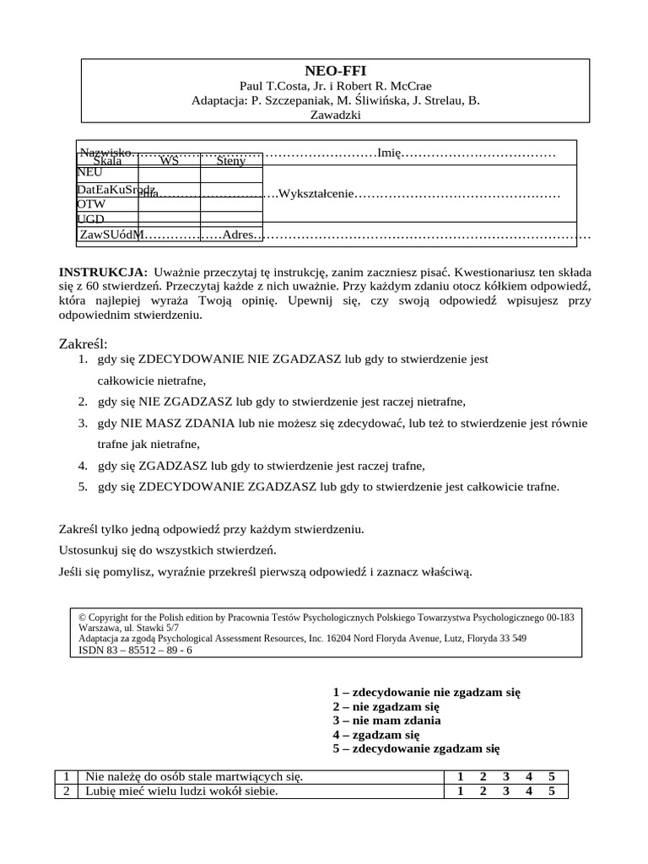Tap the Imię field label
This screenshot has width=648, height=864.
(389, 153)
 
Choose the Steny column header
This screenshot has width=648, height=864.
(230, 160)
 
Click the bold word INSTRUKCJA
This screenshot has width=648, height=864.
(102, 273)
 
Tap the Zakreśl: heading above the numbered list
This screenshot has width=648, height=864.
(84, 343)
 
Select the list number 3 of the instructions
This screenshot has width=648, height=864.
(83, 423)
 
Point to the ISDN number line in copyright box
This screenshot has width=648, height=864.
(135, 651)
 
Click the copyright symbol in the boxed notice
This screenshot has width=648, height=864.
(82, 618)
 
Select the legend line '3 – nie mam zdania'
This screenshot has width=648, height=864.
(386, 721)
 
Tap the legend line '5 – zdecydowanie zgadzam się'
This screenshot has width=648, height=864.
(416, 748)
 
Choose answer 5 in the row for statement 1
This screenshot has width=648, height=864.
(551, 777)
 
